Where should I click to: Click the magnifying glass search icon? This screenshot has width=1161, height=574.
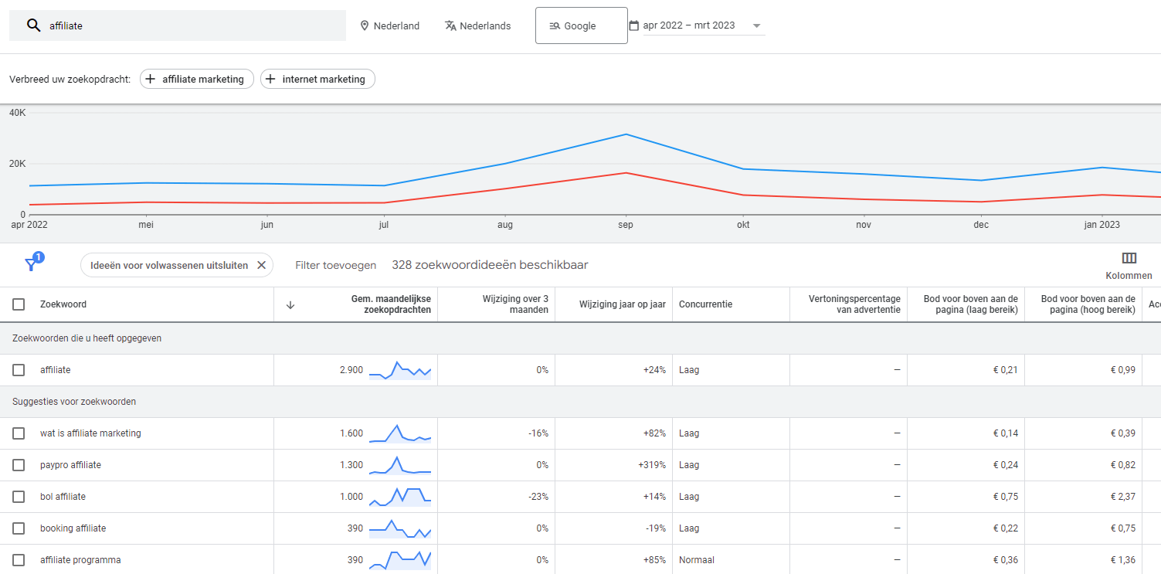(33, 25)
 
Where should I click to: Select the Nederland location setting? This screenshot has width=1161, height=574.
(389, 25)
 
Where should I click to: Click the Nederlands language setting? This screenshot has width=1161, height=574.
(477, 25)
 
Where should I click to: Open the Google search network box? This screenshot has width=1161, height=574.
(581, 25)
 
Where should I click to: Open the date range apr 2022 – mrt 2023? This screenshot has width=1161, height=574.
(696, 25)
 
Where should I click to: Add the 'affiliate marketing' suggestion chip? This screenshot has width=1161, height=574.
(197, 79)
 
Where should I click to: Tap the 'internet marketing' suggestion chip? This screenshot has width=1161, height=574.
(317, 79)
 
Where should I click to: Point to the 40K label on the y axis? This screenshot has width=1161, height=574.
(18, 113)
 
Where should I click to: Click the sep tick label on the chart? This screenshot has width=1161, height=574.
(626, 225)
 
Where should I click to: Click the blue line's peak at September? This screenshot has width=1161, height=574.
(626, 134)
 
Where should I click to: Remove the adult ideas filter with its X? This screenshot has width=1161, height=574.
(261, 265)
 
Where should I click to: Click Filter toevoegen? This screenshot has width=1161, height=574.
(335, 265)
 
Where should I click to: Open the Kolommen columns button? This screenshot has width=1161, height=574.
(1129, 265)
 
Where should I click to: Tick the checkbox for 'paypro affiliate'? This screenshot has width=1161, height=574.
(19, 465)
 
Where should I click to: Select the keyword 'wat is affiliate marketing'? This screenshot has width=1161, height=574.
(90, 433)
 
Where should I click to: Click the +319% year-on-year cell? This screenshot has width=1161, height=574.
(651, 465)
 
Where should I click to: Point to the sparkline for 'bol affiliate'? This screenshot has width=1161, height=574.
(399, 497)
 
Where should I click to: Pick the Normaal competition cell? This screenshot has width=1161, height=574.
(696, 560)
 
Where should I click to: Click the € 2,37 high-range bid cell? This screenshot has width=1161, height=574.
(1124, 497)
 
